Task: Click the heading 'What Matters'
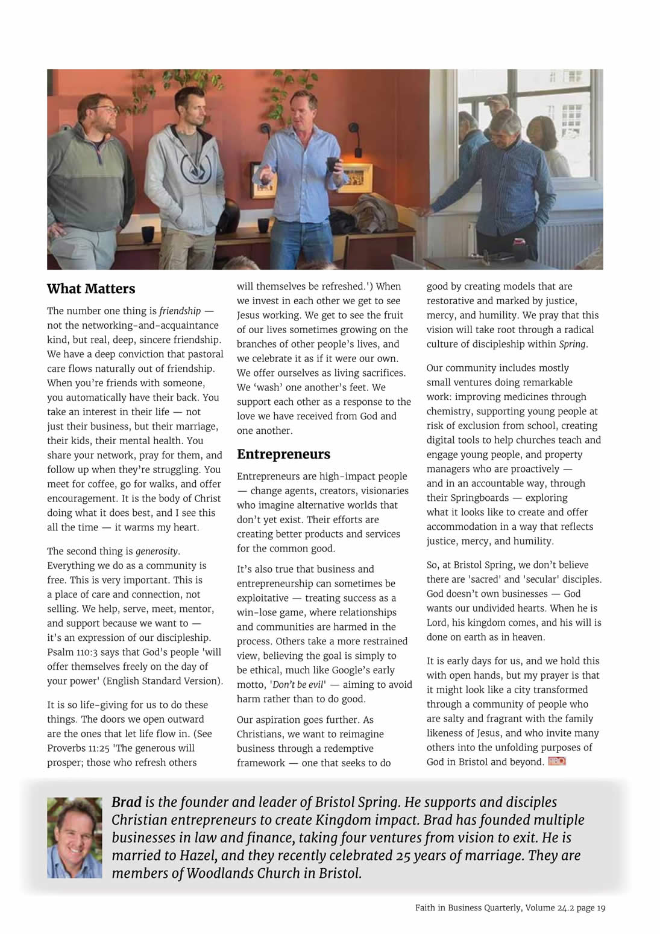click(91, 289)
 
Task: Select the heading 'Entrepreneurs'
click(283, 454)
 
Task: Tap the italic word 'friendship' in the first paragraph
click(180, 311)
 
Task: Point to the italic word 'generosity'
click(157, 551)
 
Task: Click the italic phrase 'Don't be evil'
click(298, 685)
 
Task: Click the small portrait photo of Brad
click(74, 837)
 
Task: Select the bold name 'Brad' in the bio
click(127, 802)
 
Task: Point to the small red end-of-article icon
click(556, 761)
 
